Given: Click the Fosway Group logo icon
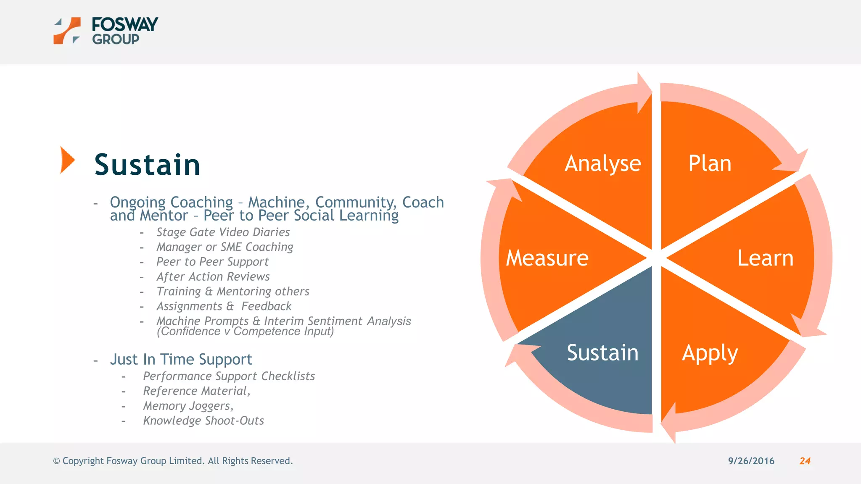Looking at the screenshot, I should tap(67, 31).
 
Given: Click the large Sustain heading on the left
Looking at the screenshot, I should tap(147, 164).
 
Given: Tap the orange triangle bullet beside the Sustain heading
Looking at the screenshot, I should tap(66, 160).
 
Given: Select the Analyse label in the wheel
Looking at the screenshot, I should tap(602, 163).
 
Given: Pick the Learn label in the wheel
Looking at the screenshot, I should tap(765, 258).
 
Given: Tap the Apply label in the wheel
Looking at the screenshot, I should tap(710, 353).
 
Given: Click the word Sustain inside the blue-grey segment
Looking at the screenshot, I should tap(602, 352).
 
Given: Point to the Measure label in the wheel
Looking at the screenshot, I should tap(547, 258).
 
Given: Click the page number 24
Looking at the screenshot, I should tap(805, 461).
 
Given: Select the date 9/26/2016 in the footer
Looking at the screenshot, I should tap(751, 461).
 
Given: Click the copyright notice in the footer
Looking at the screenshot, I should tap(173, 461).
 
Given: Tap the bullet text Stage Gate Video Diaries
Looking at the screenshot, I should tap(223, 232).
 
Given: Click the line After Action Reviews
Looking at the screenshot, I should tap(213, 277).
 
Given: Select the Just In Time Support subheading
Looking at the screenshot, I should tap(181, 360).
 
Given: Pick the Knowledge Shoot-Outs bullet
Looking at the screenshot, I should tap(203, 421).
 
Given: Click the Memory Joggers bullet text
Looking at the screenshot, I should tap(188, 406).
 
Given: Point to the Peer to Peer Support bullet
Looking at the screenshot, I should tap(212, 262).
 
